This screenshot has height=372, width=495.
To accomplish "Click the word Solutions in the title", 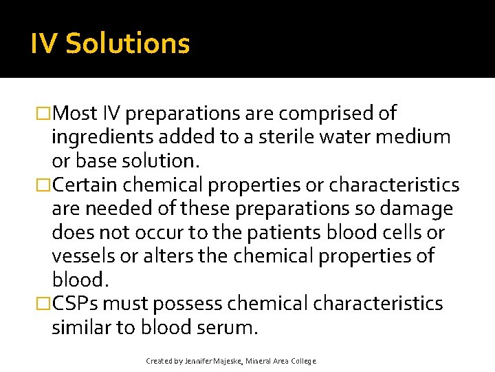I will click(x=127, y=44).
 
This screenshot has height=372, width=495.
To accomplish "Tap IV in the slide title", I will click(x=44, y=44).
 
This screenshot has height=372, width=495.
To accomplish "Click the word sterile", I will click(x=295, y=137).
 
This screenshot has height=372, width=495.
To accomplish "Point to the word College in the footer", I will click(x=303, y=361).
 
